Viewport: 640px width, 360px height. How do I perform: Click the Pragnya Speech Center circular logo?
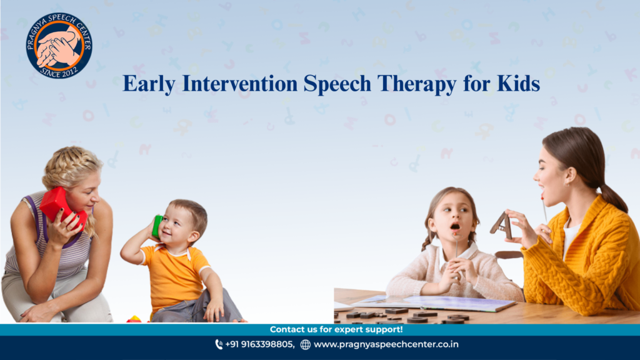[59, 45]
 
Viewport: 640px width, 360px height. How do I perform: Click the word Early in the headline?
[149, 84]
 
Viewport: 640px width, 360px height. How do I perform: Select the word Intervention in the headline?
[239, 83]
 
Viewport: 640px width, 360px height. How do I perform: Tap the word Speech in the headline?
[337, 84]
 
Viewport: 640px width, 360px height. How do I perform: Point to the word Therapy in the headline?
[417, 84]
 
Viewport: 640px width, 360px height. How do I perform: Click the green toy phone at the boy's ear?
[157, 226]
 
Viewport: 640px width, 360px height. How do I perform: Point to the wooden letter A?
[501, 225]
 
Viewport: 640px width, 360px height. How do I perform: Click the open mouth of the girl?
[455, 226]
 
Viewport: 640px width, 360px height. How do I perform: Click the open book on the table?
[434, 302]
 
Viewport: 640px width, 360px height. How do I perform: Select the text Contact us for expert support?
[336, 329]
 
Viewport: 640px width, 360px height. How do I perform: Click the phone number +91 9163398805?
[259, 344]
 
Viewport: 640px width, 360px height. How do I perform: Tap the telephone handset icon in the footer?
[219, 345]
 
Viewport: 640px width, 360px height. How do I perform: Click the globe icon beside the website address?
[305, 345]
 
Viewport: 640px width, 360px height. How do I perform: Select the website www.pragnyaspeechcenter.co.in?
[386, 345]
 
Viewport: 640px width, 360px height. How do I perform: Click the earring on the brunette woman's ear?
[566, 184]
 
